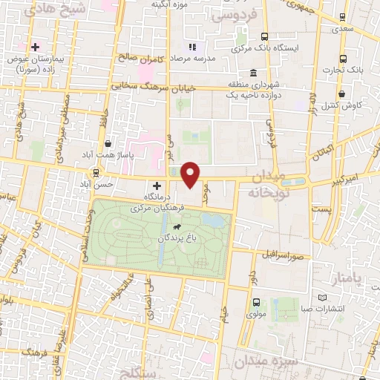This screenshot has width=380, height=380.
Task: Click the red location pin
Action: coord(191,174)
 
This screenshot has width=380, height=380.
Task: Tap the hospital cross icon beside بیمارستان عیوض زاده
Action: coord(35,47)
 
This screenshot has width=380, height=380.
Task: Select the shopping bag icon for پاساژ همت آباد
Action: coord(108,143)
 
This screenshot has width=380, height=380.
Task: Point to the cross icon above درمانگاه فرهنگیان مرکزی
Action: coord(157,186)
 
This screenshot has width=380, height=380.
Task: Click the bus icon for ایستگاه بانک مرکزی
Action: coord(264,36)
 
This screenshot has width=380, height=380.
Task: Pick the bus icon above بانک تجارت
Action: coord(342,59)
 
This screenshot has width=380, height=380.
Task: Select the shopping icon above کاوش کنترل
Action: coord(341,94)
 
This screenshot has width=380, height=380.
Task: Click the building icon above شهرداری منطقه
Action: coord(254,73)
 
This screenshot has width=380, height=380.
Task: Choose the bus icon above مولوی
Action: coord(256,302)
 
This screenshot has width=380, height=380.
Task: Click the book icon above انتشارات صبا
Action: coord(322,297)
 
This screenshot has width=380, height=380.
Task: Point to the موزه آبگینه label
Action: coord(168,4)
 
